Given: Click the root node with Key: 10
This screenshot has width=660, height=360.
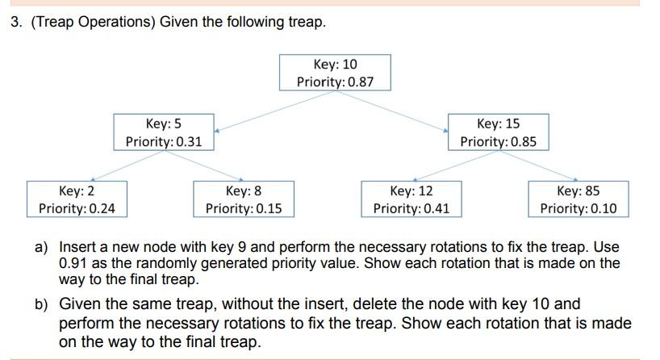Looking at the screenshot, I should coord(335,73).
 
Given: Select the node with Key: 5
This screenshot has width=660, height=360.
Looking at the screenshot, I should coord(164,132).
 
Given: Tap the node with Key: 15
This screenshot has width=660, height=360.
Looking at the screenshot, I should coord(498,132).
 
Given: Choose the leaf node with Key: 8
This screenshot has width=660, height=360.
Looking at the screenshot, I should coord(244,199).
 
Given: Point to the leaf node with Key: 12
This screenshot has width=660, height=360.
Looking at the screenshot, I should coord(411,199).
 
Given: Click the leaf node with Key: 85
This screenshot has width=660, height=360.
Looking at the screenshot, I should coord(579,199).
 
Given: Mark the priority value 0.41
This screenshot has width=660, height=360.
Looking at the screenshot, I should coord(432,208).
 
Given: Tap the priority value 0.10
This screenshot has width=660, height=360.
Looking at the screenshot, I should coord(599,208).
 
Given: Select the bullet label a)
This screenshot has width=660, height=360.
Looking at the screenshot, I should coord(41,246).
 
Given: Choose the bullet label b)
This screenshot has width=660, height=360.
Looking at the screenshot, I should coord(41,304).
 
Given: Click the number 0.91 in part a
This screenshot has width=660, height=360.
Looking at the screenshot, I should coord(74,263).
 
